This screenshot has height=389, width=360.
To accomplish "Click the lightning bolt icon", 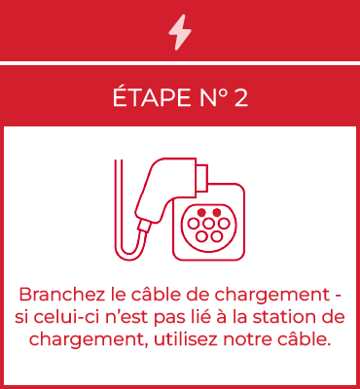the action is pyautogui.click(x=180, y=32).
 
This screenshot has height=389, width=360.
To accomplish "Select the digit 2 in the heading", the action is pyautogui.click(x=240, y=98).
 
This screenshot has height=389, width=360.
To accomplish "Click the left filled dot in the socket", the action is pyautogui.click(x=201, y=213).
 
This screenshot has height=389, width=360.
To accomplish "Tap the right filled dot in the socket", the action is pyautogui.click(x=216, y=213).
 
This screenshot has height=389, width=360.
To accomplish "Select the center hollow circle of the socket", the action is pyautogui.click(x=208, y=224).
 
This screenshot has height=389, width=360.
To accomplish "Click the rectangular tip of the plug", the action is pyautogui.click(x=201, y=178).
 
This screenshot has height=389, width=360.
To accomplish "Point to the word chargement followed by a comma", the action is pyautogui.click(x=89, y=340).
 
